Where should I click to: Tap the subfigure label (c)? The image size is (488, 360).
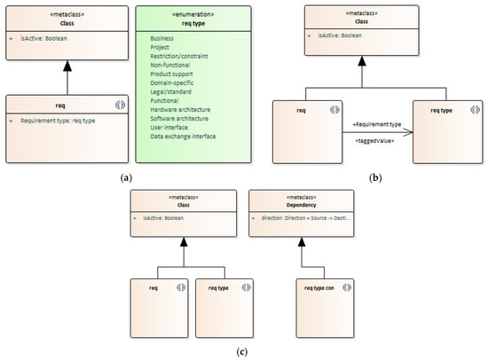(x=244, y=351)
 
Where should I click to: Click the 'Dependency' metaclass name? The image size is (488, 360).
(x=304, y=205)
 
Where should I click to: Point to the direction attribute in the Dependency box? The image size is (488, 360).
(x=306, y=217)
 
